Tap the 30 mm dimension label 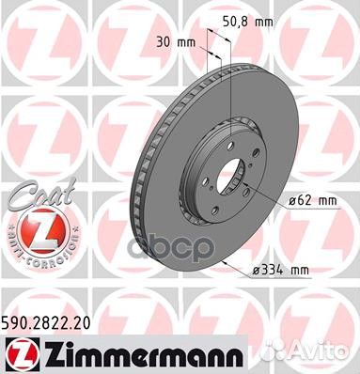pyautogui.click(x=168, y=42)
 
